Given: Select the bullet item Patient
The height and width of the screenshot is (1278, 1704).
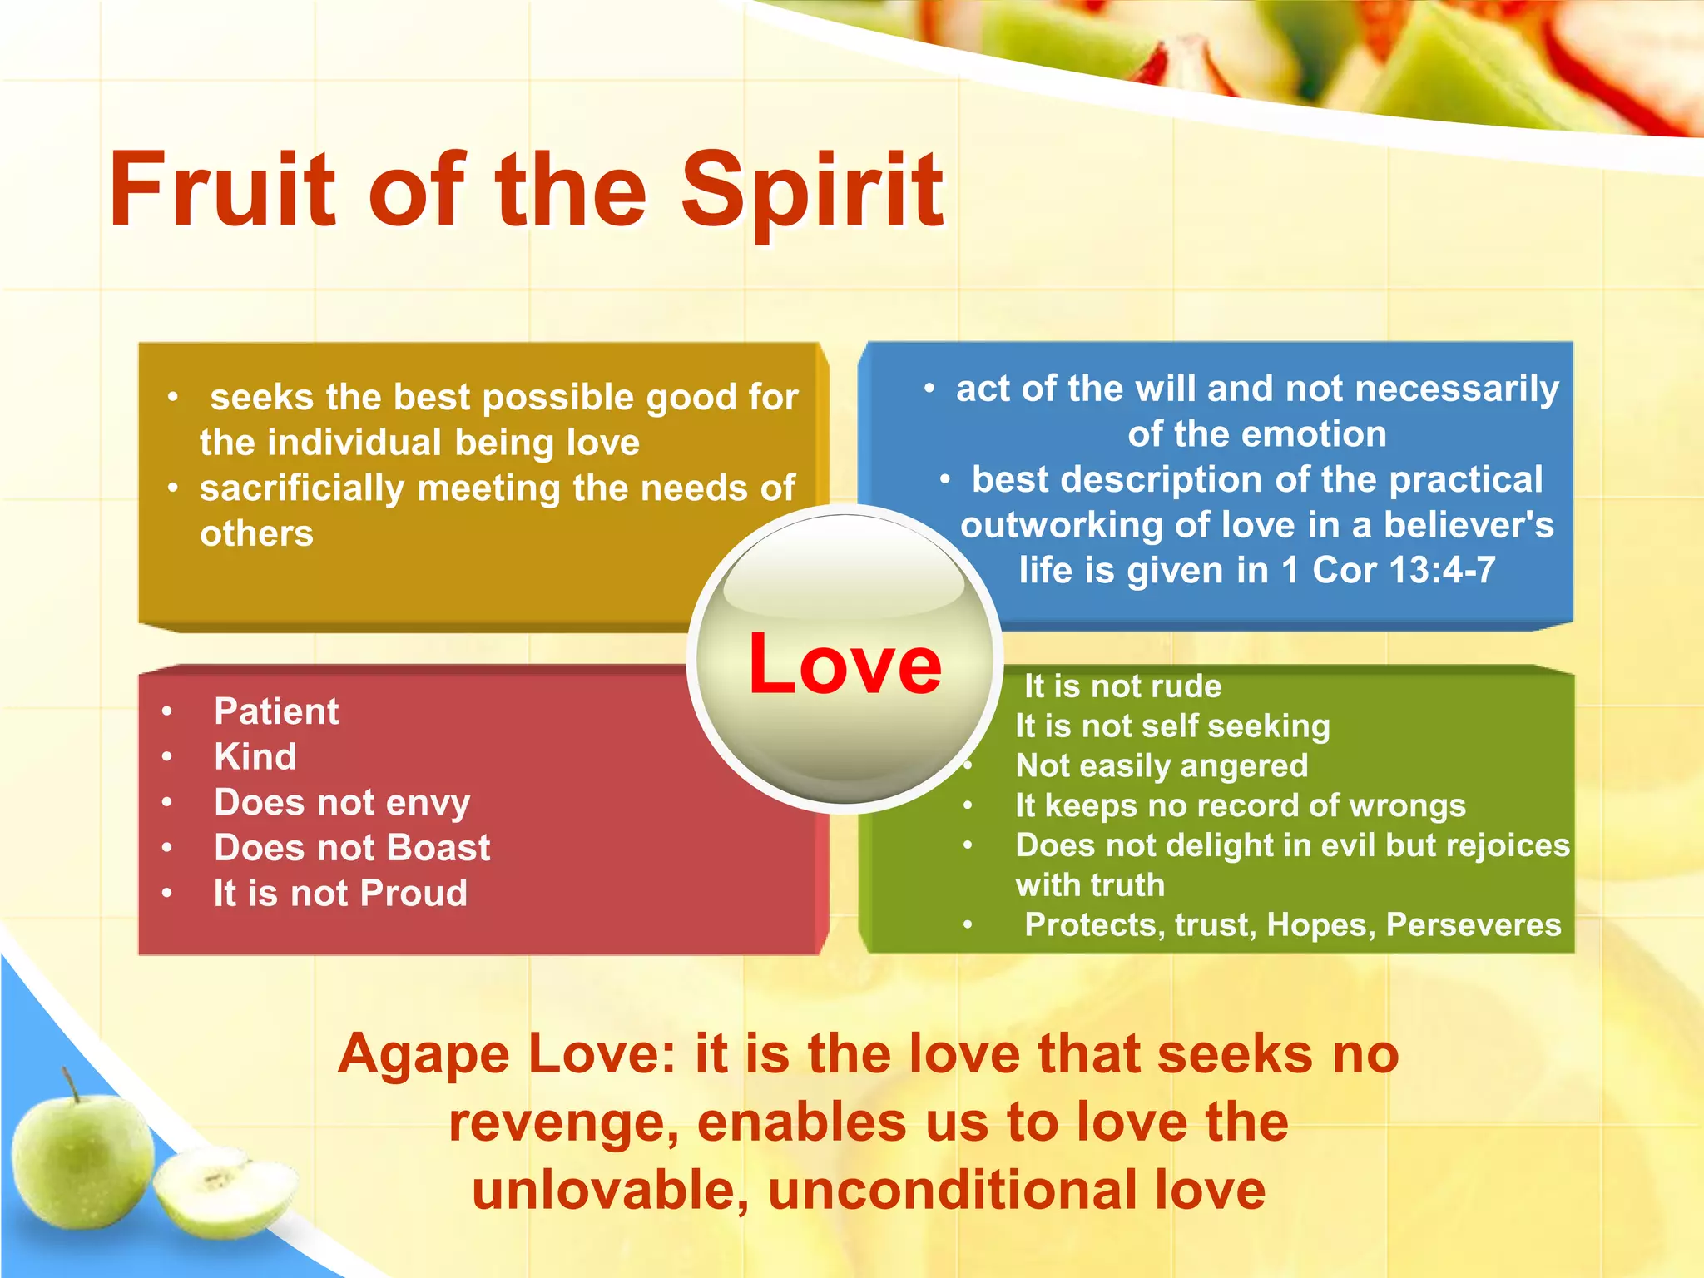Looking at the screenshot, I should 276,711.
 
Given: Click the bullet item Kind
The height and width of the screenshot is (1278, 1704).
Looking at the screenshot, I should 255,757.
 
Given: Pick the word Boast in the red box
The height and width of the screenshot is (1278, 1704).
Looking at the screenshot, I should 438,848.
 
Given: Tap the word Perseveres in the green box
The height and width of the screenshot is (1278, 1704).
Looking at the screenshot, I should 1473,925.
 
